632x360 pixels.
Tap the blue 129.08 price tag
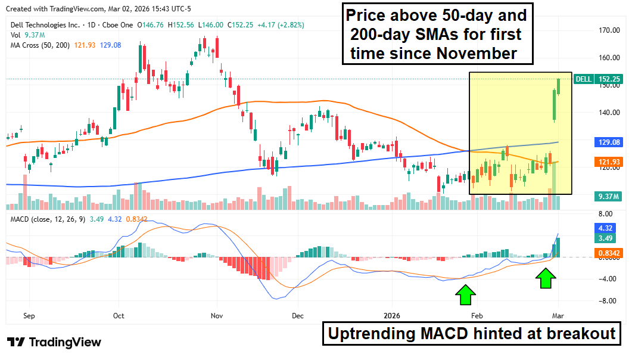pos(610,142)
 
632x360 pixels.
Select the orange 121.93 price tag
pos(610,162)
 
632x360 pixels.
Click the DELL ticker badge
pos(584,79)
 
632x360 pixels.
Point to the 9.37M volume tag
pos(609,196)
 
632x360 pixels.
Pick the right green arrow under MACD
pos(546,278)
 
